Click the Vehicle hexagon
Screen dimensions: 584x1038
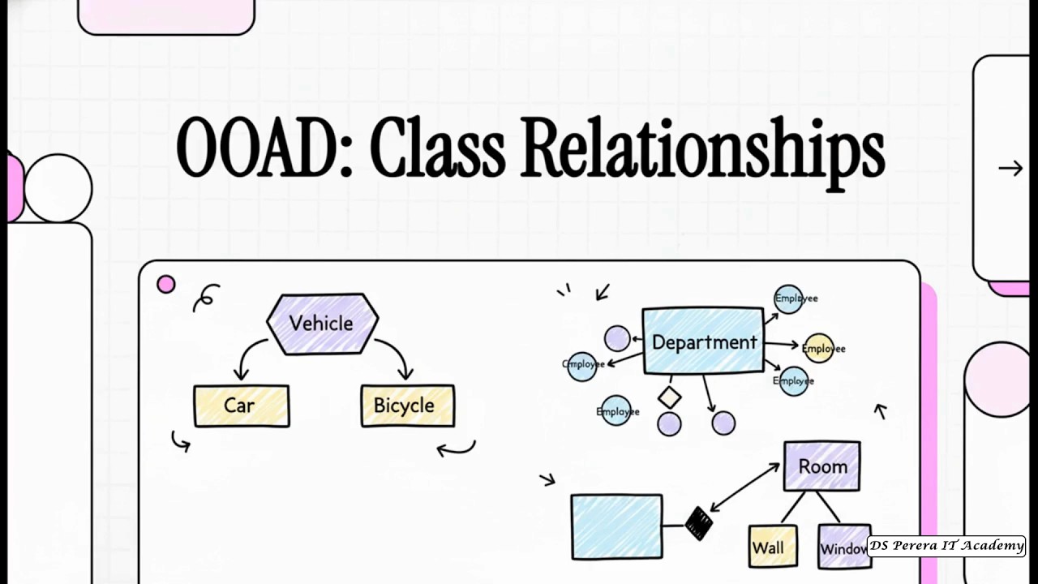pos(322,324)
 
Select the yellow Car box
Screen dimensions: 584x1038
pos(241,406)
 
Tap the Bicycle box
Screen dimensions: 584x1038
pos(407,406)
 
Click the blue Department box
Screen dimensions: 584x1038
pos(703,341)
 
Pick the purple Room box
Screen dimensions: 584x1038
pos(821,466)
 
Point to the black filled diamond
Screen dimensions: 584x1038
pos(698,522)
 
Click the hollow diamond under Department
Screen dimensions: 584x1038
pos(669,397)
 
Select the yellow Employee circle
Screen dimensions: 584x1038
pos(818,348)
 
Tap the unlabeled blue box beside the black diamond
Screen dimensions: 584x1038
pos(616,526)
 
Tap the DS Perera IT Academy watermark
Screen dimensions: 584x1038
pos(946,546)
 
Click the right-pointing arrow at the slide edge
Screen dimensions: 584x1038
pos(1010,168)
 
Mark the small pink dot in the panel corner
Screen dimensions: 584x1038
pos(166,285)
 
